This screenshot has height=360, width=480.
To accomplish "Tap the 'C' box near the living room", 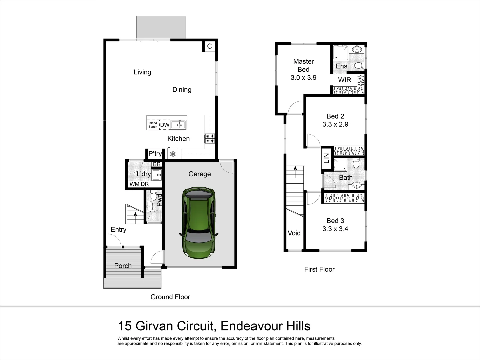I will point(209,46).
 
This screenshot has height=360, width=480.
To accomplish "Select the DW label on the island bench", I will point(165,125).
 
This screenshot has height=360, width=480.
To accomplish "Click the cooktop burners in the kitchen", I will point(210,138).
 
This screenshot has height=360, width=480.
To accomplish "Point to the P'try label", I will point(155,154).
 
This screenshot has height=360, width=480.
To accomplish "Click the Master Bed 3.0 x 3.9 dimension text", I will point(303,78).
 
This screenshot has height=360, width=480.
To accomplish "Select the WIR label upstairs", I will point(344,80).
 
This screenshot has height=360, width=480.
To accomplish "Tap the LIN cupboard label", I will point(326,158).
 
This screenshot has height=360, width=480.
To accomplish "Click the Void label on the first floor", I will point(294,233).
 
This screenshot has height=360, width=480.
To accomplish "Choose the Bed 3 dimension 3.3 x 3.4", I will point(335,229).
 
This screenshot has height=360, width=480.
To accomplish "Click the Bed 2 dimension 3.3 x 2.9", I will point(335,124).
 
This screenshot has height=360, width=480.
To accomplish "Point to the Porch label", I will point(123,266).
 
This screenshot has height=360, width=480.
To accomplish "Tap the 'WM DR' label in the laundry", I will point(139,184).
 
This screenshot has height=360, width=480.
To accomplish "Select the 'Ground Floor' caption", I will point(170,297).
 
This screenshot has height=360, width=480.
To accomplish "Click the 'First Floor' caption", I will point(319,269).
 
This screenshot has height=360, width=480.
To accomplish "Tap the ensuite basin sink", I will point(357,49).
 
